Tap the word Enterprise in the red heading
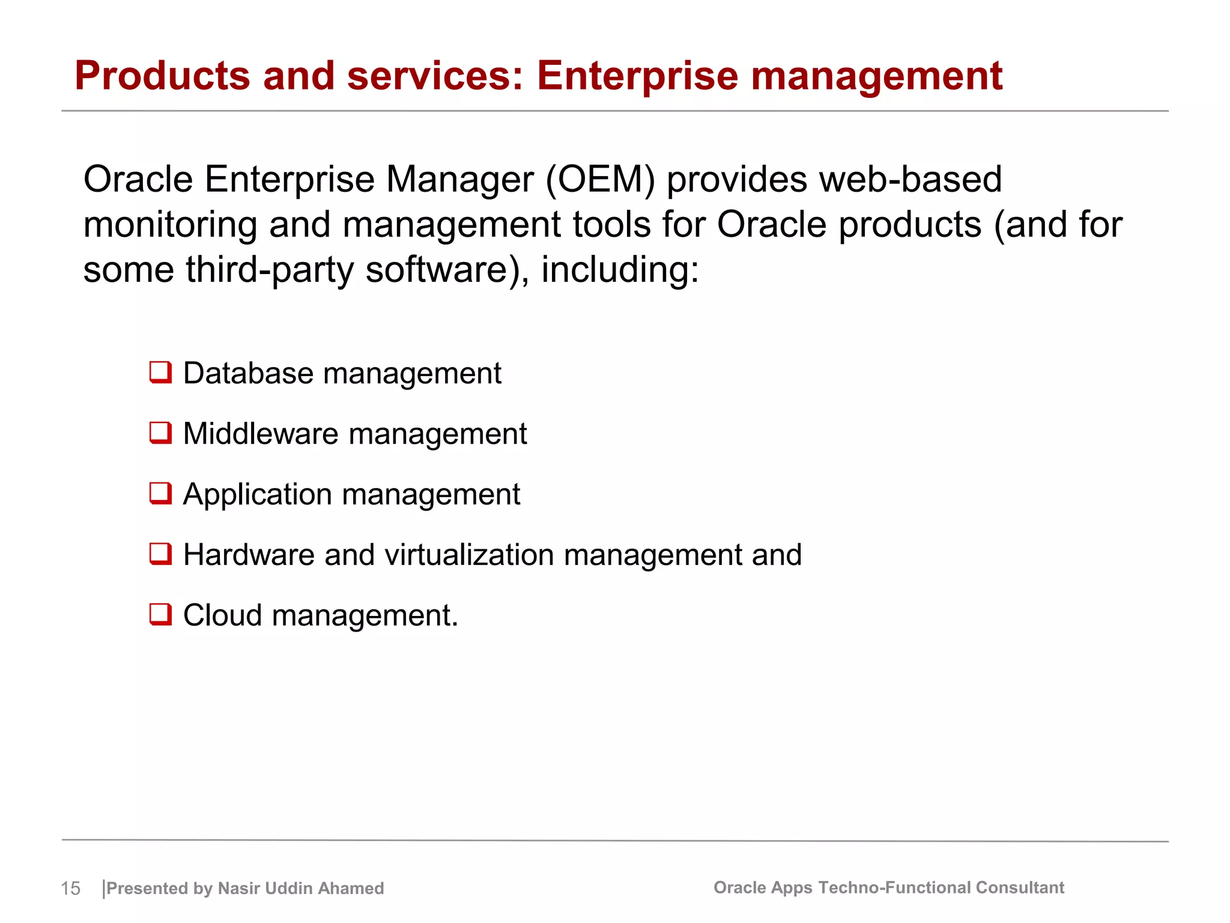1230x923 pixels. tap(637, 76)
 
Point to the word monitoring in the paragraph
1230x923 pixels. tap(170, 225)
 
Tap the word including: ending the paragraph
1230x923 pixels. tap(620, 270)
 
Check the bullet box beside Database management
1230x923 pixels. tap(160, 373)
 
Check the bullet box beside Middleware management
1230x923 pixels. tap(160, 433)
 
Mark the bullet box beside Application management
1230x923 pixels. tap(160, 493)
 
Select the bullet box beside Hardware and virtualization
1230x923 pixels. tap(160, 554)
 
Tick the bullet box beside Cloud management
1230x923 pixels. tap(160, 615)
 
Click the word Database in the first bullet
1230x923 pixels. tap(248, 373)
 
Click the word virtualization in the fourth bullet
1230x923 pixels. tap(469, 555)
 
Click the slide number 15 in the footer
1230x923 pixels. tap(70, 888)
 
